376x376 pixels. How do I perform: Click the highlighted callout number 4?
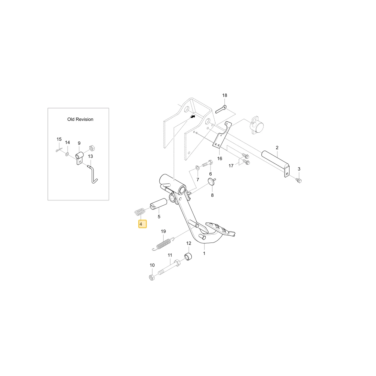(143, 224)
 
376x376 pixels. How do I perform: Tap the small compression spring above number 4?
(139, 212)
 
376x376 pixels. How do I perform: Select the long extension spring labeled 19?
(163, 244)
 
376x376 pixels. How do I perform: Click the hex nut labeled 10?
(152, 278)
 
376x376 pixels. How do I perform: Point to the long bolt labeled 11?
(170, 267)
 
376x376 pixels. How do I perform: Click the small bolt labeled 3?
(299, 180)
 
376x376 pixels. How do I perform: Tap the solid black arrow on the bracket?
(192, 116)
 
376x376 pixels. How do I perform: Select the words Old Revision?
(80, 119)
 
